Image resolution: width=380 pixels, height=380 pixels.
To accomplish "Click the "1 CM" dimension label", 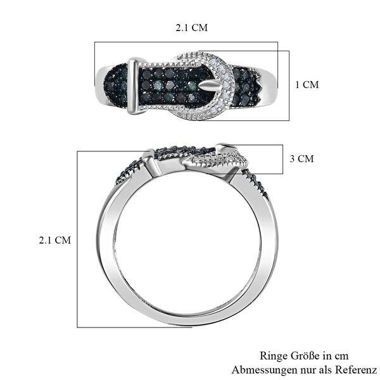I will click(x=307, y=84).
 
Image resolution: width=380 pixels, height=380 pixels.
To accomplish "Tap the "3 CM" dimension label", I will click(x=301, y=159).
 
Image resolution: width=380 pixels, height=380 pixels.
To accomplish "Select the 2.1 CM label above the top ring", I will click(x=191, y=28).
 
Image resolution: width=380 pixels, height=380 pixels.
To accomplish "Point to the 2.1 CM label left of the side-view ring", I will click(x=54, y=240).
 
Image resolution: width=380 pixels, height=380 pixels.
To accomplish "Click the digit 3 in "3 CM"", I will click(x=292, y=159).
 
